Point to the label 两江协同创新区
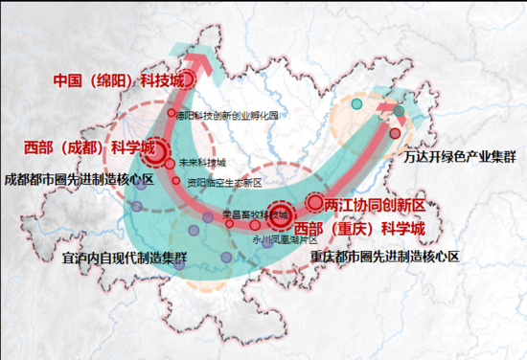click(374, 205)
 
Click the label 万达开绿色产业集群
click(461, 154)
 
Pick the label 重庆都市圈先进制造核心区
click(385, 257)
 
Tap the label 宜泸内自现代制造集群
click(124, 258)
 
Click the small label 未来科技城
click(202, 163)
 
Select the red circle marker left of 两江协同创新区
click(314, 203)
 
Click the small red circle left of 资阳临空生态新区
click(179, 181)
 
